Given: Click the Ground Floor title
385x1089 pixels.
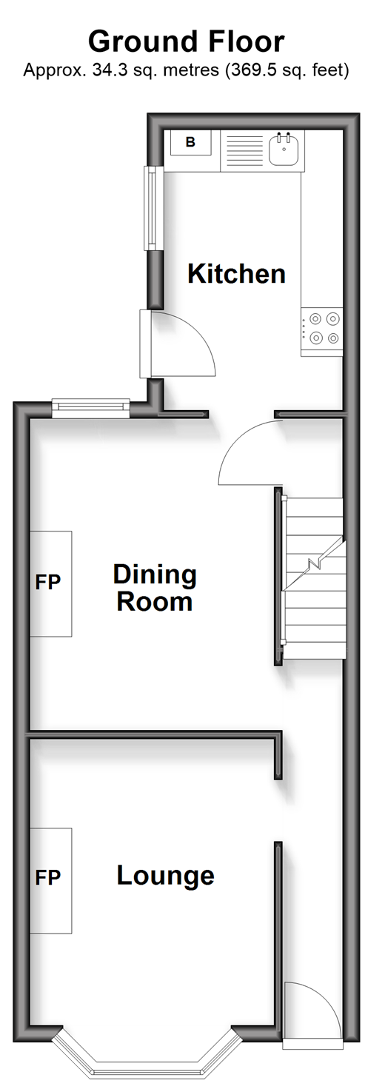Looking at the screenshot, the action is pyautogui.click(x=186, y=41).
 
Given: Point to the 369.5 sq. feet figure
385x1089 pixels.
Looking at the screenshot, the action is pyautogui.click(x=287, y=70).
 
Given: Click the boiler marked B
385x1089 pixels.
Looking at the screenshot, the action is pyautogui.click(x=191, y=142).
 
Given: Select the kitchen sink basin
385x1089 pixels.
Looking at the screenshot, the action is pyautogui.click(x=284, y=150).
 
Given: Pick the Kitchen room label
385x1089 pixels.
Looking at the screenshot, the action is pyautogui.click(x=236, y=274).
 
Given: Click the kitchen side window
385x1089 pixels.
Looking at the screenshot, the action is pyautogui.click(x=153, y=208).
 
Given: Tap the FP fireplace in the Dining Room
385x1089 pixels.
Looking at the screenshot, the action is pyautogui.click(x=51, y=583).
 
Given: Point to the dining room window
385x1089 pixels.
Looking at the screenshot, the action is pyautogui.click(x=91, y=408).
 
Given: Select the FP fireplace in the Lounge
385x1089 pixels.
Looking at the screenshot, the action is pyautogui.click(x=51, y=880).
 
